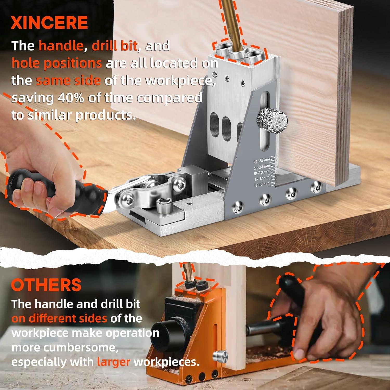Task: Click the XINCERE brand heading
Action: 49,23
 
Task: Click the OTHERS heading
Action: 46,285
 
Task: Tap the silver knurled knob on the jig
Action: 272,121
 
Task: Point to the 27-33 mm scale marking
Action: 262,161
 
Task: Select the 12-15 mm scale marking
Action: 262,185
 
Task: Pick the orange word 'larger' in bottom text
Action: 114,362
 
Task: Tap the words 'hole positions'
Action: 56,63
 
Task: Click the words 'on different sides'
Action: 59,318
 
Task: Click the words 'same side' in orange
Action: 68,81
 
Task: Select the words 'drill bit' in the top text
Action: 114,46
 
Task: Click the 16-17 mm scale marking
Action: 262,179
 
